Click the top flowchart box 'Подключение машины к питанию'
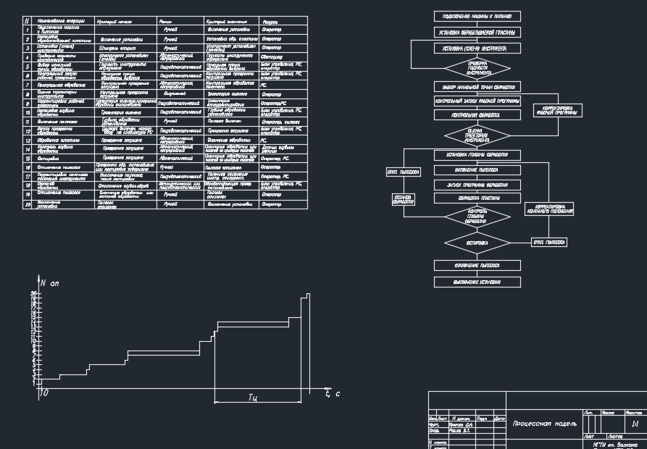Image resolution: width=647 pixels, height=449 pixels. point(477,16)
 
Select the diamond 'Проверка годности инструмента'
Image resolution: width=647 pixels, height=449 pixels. point(477,69)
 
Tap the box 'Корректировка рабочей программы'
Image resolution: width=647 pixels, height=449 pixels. point(556,111)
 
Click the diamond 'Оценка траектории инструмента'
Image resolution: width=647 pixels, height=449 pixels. point(477,135)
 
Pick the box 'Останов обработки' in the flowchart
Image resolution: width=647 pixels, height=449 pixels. point(402,199)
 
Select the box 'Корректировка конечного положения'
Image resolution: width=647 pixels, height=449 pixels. point(548,209)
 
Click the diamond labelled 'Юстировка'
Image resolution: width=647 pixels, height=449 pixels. point(477,243)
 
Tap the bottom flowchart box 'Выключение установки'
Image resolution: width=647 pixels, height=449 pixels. point(477,282)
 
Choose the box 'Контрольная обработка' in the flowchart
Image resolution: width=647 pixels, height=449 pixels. point(477,114)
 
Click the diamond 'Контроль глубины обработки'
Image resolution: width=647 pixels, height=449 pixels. point(477,216)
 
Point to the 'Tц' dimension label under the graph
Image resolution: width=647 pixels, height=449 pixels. point(253,397)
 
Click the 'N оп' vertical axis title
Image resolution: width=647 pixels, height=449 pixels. point(50,283)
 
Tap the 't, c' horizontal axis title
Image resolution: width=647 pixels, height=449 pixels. point(333,393)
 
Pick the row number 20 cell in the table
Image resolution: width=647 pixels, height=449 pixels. point(27,205)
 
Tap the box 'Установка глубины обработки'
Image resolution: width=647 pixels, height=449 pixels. point(477,155)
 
